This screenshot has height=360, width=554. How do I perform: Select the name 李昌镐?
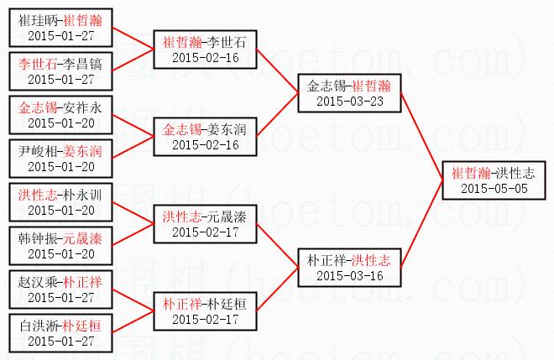click(82, 65)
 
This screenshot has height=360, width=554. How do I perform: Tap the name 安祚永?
click(82, 107)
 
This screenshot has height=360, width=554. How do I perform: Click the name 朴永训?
click(82, 195)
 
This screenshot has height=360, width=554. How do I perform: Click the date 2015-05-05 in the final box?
click(494, 189)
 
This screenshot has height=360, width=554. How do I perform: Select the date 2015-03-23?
click(350, 102)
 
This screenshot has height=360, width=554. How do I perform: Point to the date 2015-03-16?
click(350, 276)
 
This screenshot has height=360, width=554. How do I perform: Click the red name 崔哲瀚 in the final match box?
click(472, 174)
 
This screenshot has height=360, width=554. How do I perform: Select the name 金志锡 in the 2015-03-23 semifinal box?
click(327, 86)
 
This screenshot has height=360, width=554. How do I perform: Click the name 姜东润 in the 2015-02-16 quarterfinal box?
click(227, 130)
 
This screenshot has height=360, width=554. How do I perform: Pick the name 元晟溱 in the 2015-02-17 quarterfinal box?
click(227, 217)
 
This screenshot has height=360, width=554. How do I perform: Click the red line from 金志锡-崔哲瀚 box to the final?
click(422, 137)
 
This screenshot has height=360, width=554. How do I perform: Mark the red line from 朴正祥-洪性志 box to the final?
click(422, 224)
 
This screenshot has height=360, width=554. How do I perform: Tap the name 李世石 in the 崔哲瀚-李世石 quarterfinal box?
click(227, 43)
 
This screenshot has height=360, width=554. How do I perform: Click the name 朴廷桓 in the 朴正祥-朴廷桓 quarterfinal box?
click(227, 304)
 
